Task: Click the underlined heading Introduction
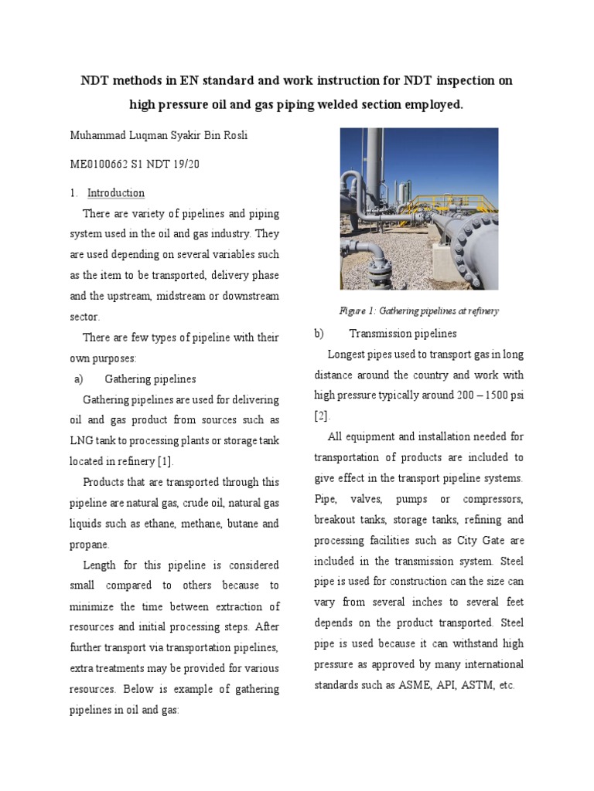(x=116, y=192)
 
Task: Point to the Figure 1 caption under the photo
(x=418, y=311)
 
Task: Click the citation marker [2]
(x=321, y=416)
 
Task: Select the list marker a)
(x=78, y=379)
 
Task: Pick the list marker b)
(x=318, y=334)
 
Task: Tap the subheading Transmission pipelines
(x=402, y=334)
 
